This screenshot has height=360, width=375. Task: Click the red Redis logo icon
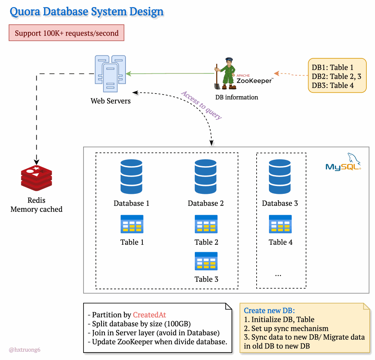coord(36,178)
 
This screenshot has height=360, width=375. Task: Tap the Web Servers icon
coord(110,74)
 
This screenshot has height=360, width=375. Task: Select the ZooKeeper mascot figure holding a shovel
coord(225,74)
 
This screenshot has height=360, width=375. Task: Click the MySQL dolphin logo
coord(344,162)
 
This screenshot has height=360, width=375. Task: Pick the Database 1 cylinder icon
coord(131,177)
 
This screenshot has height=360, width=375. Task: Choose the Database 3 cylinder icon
coord(279,177)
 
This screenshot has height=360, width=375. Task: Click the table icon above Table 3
coord(206,261)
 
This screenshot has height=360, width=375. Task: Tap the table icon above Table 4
coord(280,224)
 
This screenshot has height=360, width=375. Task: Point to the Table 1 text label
coord(132,242)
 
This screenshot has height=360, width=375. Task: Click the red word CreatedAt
coord(149,315)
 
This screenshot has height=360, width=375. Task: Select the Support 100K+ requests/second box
coord(66,33)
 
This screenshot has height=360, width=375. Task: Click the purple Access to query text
coord(202,105)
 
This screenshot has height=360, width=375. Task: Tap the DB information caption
coord(236,97)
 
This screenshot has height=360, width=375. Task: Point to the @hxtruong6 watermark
coord(24,350)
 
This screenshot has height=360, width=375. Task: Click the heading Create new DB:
coord(269,310)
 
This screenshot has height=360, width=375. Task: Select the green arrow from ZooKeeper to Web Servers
coord(170,74)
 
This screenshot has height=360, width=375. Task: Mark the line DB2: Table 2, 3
coord(336,76)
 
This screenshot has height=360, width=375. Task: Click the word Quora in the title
coord(25,12)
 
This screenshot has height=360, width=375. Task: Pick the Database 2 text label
coord(206,203)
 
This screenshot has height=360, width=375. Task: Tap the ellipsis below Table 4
coord(278,275)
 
